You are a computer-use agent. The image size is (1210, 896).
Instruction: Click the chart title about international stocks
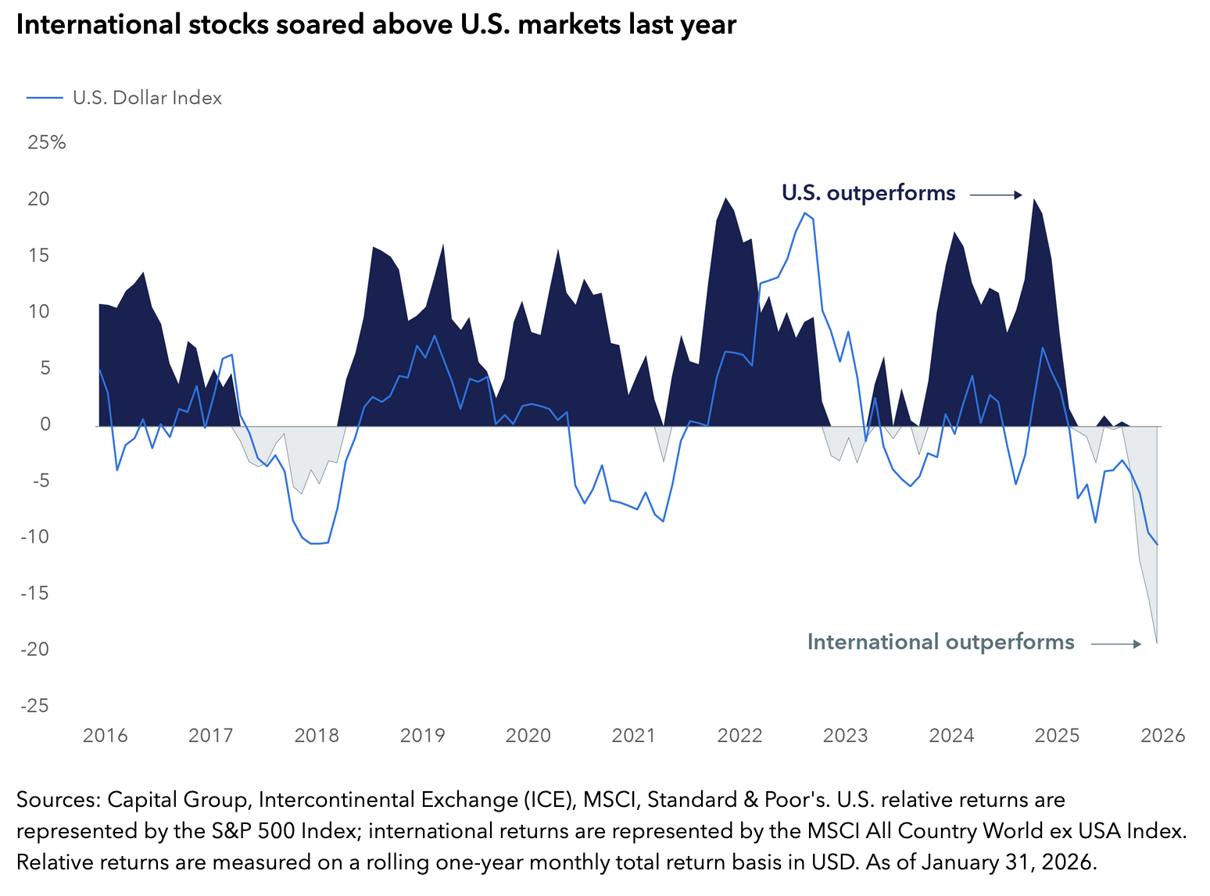[376, 25]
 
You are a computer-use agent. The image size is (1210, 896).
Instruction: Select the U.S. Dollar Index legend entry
[147, 98]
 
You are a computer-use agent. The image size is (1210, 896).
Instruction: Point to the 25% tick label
[47, 142]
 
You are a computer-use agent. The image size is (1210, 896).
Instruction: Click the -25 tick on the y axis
[35, 706]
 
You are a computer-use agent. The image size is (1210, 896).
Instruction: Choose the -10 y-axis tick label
[35, 537]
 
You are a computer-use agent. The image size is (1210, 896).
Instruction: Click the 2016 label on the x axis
[105, 736]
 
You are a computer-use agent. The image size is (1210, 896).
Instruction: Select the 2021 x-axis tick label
[633, 736]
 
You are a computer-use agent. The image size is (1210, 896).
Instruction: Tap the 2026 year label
[1162, 736]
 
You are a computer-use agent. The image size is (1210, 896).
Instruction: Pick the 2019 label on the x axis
[422, 736]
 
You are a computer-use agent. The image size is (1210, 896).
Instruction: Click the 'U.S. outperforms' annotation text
[868, 193]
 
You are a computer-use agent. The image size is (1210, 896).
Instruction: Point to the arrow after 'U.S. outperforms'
[996, 195]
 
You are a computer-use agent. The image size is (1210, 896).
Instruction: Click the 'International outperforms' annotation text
[940, 643]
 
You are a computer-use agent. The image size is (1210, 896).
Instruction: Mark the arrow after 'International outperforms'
[1116, 644]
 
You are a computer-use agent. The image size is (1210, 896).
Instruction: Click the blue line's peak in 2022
[804, 213]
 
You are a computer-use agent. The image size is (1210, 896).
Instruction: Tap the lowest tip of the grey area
[1157, 643]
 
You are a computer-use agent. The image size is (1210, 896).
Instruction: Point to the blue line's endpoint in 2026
[1157, 545]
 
